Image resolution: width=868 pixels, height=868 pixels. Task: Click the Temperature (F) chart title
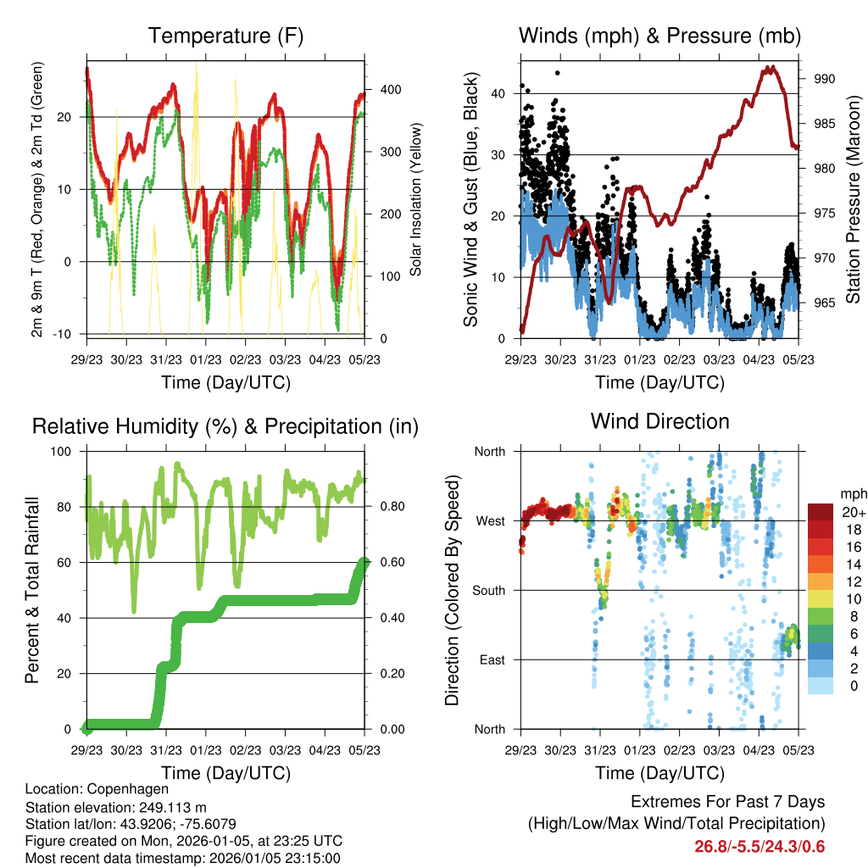click(x=225, y=36)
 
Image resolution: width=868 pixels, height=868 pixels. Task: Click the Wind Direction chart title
click(x=659, y=421)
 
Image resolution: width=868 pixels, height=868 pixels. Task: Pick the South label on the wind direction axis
click(x=487, y=590)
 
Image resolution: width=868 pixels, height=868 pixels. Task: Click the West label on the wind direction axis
click(x=490, y=520)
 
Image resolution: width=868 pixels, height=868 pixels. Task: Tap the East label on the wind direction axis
click(x=491, y=659)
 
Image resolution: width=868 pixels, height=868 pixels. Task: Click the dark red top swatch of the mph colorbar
click(x=820, y=512)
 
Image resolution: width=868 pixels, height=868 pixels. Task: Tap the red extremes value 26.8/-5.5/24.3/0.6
click(x=759, y=846)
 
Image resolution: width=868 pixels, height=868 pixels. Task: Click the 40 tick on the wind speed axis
click(x=499, y=93)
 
